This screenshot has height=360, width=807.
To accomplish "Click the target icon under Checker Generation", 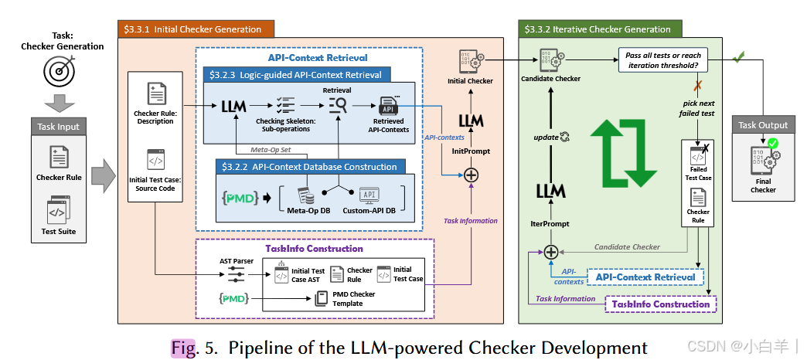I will point(59,71).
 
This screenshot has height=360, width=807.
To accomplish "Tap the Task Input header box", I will point(59,127).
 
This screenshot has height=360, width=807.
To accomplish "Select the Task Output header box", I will point(763,125).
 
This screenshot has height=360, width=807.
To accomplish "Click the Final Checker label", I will point(763,185).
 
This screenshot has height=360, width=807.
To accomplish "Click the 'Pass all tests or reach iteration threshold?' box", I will point(663,61).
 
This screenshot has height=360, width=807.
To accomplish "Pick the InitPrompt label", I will point(472,151).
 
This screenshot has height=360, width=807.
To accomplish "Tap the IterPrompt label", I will point(550,224).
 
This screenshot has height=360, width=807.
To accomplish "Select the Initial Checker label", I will point(471,80).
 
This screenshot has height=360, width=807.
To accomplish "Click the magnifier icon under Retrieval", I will point(338,106).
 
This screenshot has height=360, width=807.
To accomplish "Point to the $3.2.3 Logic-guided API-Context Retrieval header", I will point(297,75).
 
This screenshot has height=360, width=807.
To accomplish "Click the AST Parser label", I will point(237,261).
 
